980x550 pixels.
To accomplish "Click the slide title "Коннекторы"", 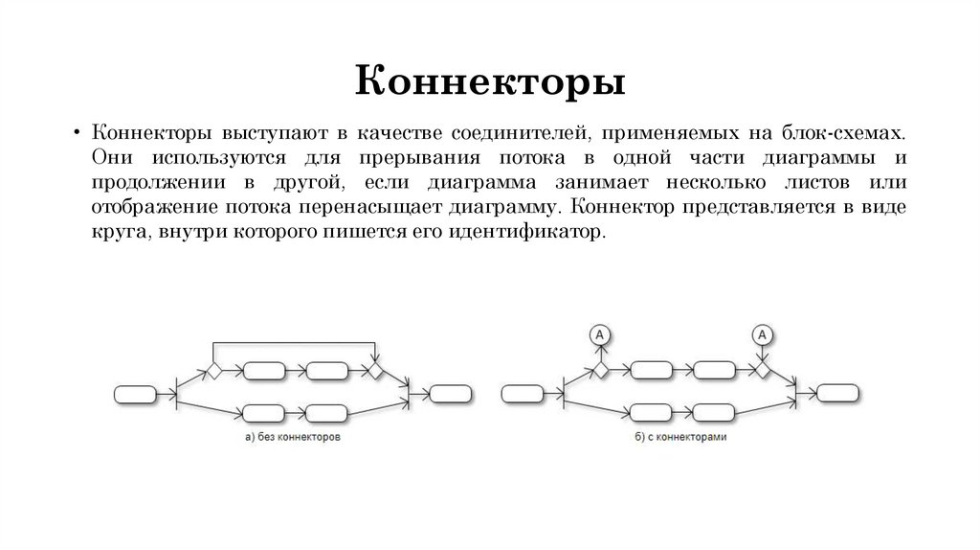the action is tap(491, 81).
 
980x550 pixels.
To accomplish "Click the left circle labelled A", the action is tap(600, 333).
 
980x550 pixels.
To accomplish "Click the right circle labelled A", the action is tap(763, 333).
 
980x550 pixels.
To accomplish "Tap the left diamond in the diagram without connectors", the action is tap(214, 370).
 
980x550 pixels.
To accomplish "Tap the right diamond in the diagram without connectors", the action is tap(376, 370).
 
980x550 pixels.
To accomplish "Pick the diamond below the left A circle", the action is tap(600, 369).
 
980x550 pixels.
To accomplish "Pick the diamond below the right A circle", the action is tap(763, 369).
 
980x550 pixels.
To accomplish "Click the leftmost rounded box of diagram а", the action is tap(135, 393).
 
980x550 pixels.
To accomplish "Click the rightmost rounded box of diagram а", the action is tap(450, 393).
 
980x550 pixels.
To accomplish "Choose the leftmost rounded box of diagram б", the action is tap(523, 392).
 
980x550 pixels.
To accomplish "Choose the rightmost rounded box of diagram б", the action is tap(837, 392).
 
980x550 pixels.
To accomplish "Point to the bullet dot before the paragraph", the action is tap(75, 132).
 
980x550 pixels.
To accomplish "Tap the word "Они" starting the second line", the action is tap(111, 158).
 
